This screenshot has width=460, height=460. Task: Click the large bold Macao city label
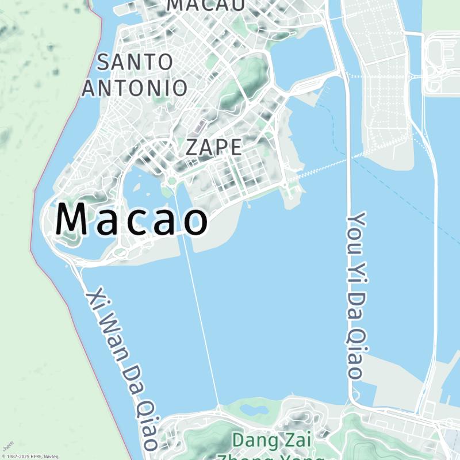132,220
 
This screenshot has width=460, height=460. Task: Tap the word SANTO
135,62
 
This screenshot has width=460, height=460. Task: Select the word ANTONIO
135,88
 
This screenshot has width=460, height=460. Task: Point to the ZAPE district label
213,148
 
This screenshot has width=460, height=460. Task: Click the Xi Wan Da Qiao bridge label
122,369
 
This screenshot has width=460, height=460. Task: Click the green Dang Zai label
271,442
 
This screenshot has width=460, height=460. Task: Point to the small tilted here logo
7,446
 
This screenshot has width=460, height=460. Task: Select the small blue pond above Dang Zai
251,410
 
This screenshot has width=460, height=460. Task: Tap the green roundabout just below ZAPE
171,182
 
